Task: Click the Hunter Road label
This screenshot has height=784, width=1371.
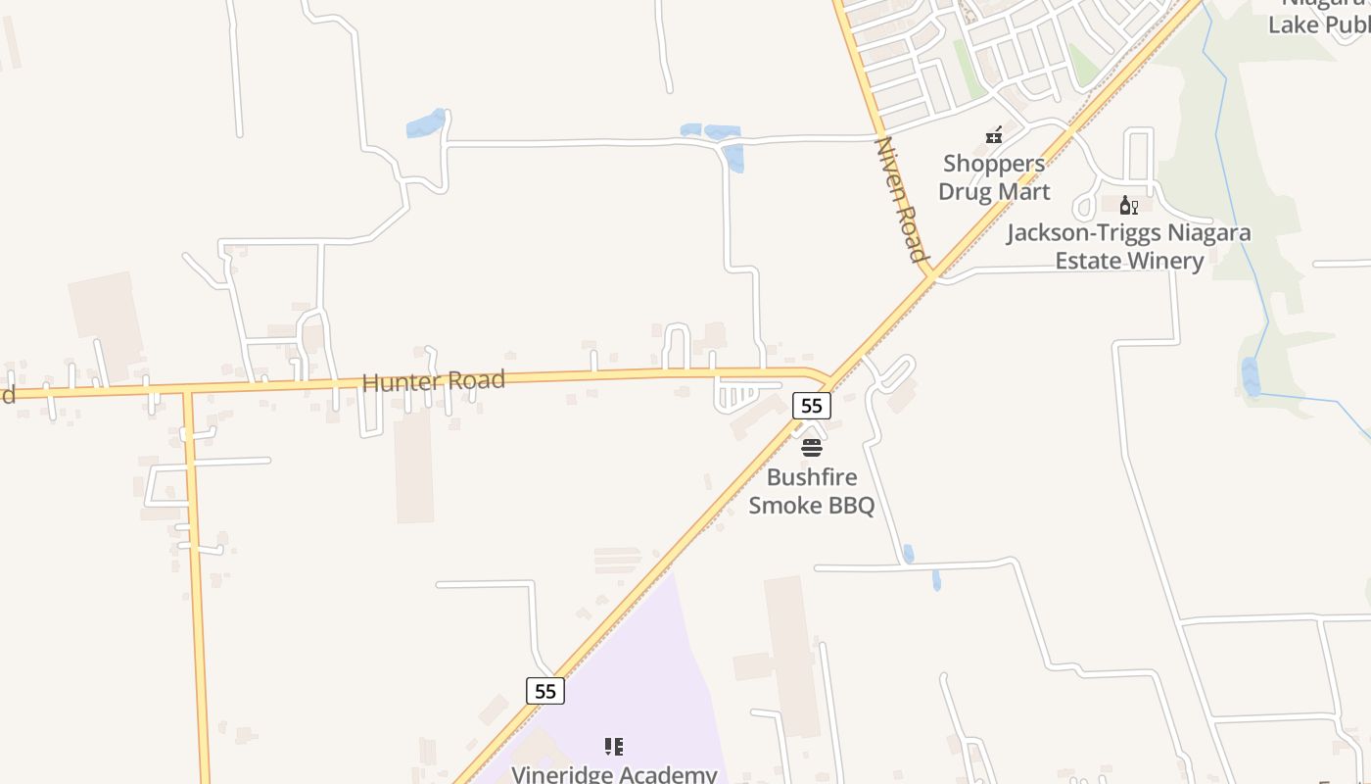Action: (x=433, y=380)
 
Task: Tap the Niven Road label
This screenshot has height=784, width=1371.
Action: (x=901, y=200)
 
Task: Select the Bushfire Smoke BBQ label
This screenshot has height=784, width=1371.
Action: (x=811, y=491)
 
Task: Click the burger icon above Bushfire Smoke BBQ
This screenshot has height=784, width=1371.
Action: (x=812, y=449)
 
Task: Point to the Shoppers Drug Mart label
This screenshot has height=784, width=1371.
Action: (x=994, y=177)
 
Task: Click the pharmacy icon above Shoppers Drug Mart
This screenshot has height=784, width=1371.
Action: (x=994, y=134)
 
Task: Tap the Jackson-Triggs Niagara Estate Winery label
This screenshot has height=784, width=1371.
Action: (x=1128, y=247)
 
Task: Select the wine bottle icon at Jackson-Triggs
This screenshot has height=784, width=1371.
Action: (x=1128, y=205)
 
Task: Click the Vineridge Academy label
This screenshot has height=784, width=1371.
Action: (x=614, y=774)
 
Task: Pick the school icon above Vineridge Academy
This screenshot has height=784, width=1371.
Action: (x=614, y=747)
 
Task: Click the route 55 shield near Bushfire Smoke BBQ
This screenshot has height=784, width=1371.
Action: (x=812, y=405)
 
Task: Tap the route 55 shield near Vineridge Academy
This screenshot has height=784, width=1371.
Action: (x=545, y=691)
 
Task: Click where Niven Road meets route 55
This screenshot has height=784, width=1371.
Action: (x=931, y=274)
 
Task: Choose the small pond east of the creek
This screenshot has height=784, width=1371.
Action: (x=1251, y=376)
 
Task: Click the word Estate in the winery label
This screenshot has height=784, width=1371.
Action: (x=1088, y=261)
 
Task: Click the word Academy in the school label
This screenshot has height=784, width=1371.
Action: (x=669, y=774)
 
